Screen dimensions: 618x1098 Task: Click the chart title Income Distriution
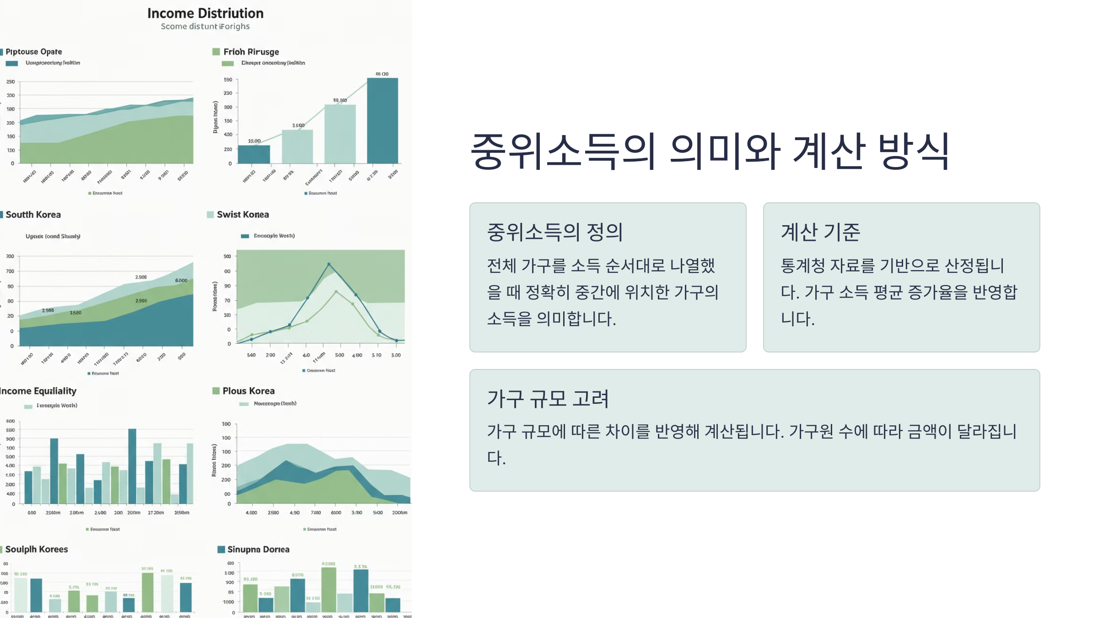point(205,13)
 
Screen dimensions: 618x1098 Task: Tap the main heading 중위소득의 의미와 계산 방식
point(710,151)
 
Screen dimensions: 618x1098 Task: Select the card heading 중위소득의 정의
point(554,232)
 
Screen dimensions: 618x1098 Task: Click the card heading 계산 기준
point(820,232)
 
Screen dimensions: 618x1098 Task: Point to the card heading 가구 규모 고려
point(548,399)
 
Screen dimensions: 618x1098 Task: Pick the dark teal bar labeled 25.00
point(254,154)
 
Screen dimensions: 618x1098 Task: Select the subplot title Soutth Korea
point(33,215)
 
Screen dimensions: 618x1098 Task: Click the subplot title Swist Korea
point(242,215)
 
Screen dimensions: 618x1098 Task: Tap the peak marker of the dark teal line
point(328,265)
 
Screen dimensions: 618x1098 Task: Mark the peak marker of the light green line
point(336,292)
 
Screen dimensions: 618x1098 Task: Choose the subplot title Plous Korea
point(248,391)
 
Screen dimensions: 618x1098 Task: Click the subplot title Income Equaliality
point(38,391)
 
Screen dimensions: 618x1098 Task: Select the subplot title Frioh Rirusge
point(251,52)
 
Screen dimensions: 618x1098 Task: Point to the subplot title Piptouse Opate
point(33,52)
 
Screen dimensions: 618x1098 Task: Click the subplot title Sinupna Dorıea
point(258,549)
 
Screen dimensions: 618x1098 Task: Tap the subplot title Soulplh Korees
point(37,549)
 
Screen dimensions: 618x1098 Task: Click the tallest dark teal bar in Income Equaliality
point(132,466)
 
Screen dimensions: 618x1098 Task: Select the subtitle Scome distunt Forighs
point(205,27)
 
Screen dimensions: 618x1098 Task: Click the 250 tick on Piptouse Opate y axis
point(11,82)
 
